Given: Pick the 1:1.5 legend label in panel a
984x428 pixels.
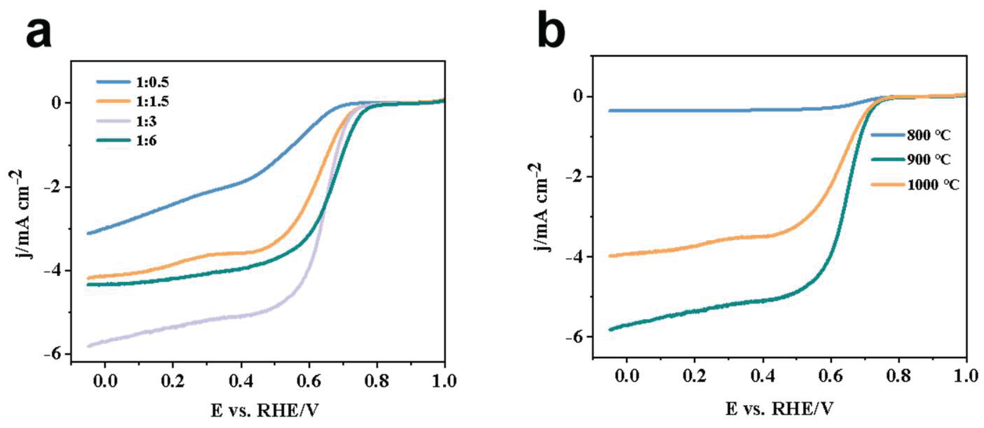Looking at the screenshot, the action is pos(152,102).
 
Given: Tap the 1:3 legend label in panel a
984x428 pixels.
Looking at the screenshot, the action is pos(146,121).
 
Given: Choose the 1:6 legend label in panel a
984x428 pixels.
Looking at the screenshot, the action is pos(146,141).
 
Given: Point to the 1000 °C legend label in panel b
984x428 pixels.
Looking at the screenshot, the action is pos(933,185).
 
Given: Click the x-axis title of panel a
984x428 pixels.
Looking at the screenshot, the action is pos(264,411).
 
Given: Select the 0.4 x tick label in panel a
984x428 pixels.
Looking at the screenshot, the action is pos(241,381).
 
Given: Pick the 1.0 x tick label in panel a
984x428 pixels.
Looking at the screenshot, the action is pos(444,381).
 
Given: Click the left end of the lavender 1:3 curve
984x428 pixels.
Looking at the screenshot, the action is pos(89,346).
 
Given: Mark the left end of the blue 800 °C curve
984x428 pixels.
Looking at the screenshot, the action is pos(610,111).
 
